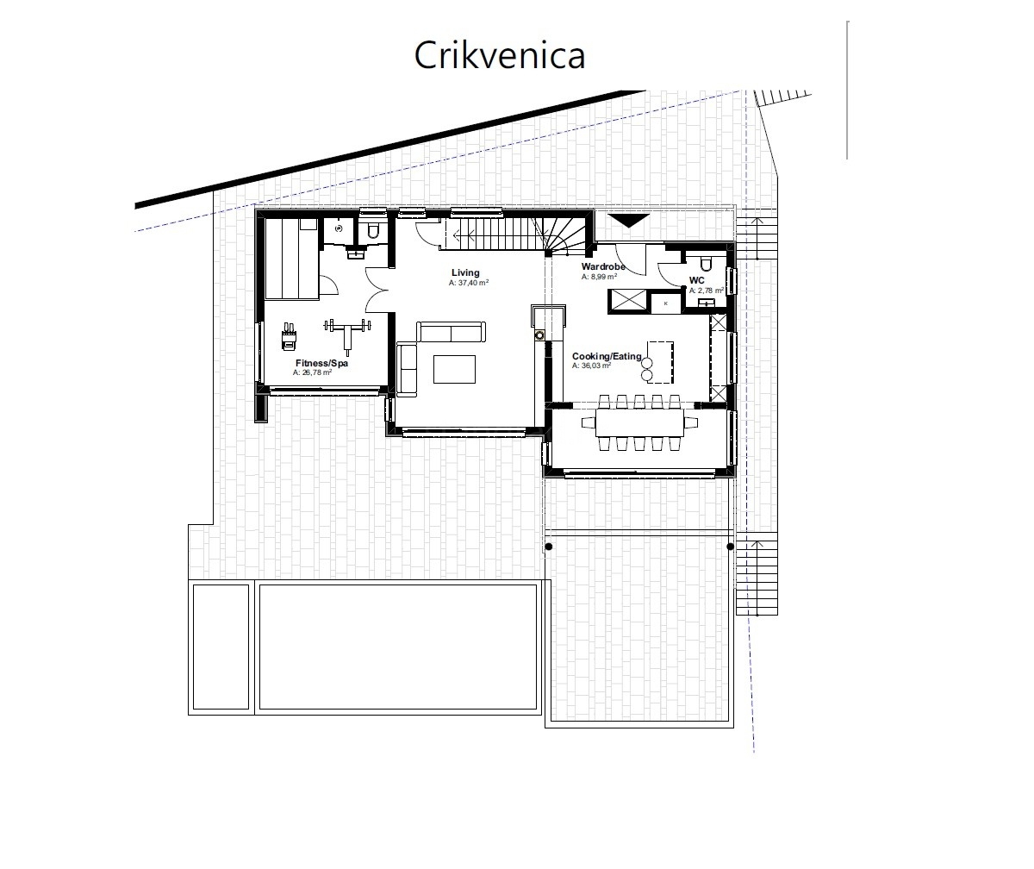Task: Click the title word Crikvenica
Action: point(500,54)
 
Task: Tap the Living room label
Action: point(465,273)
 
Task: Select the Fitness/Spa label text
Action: point(321,364)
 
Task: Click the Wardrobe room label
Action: point(603,267)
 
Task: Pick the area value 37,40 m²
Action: point(469,283)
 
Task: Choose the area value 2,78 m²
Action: point(706,291)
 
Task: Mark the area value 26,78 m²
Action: point(312,373)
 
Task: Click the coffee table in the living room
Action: point(454,369)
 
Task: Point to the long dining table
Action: point(638,421)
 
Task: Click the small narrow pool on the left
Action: point(221,647)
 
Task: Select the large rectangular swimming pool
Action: point(398,647)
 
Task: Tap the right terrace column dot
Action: point(731,547)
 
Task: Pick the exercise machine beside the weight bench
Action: point(289,336)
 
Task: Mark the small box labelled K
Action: point(665,303)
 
